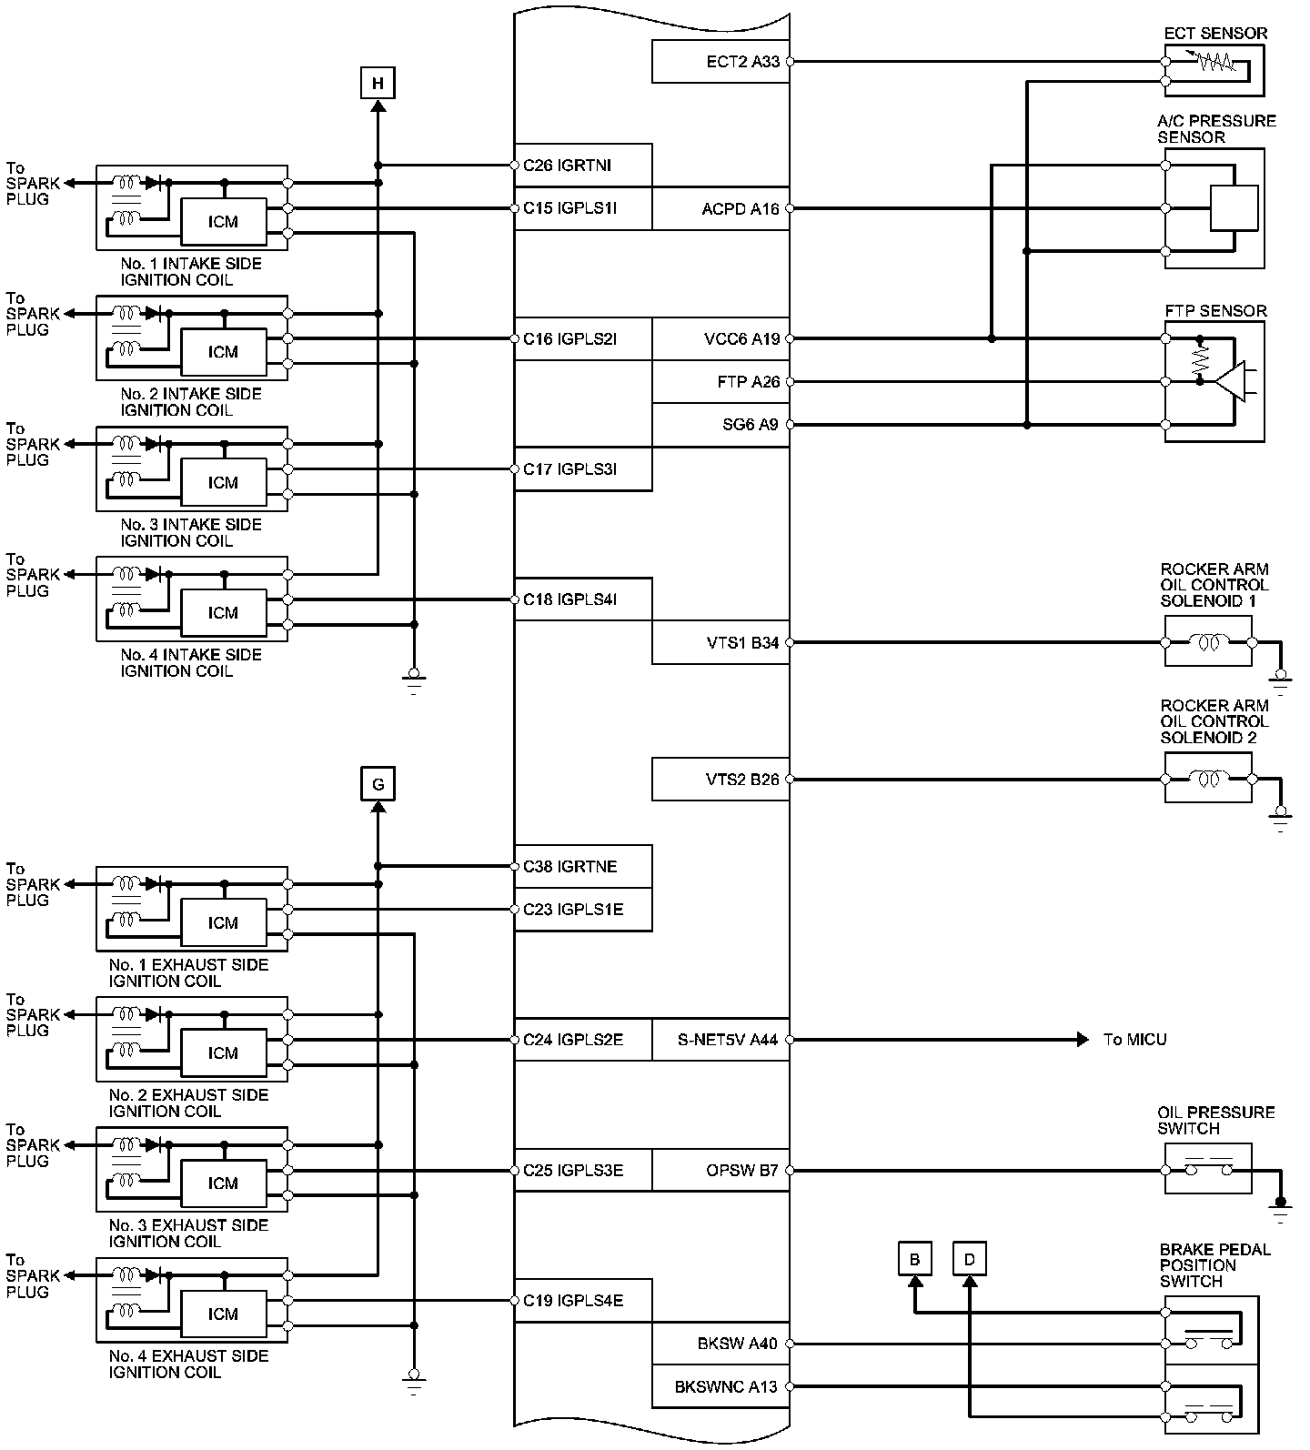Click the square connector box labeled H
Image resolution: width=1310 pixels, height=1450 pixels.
378,84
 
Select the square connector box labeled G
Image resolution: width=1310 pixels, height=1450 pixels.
378,783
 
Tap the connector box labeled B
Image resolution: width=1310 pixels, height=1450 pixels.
914,1259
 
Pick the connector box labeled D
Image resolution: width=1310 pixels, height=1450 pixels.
970,1259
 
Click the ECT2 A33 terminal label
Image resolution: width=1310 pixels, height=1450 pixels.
742,62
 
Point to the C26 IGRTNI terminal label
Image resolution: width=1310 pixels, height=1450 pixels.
567,166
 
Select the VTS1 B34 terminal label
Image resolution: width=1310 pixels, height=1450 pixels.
742,643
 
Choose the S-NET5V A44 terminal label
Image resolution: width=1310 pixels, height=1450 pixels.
728,1040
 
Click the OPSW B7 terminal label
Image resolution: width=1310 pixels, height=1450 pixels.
742,1171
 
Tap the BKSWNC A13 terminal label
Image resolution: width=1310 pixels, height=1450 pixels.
726,1387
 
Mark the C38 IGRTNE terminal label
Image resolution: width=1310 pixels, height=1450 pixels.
569,867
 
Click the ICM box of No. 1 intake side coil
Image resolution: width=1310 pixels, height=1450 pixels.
223,222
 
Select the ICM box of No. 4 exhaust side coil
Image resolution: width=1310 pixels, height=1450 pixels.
223,1314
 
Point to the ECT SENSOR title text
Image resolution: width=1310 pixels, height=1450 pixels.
1215,34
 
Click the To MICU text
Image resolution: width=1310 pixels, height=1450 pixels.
1134,1040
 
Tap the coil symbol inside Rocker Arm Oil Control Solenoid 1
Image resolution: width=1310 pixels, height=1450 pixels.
1209,643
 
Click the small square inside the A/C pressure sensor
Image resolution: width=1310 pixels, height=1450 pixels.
1234,208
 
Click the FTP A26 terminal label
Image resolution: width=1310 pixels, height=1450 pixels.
748,382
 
